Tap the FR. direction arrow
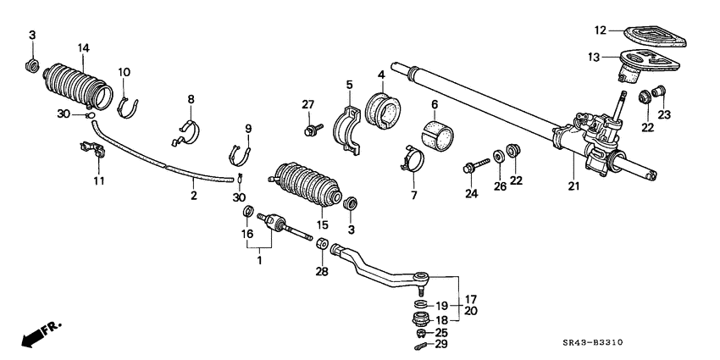pyautogui.click(x=37, y=333)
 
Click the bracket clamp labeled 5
pyautogui.click(x=351, y=127)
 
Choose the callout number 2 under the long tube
pyautogui.click(x=193, y=196)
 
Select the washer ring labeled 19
pyautogui.click(x=420, y=304)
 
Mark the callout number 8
pyautogui.click(x=191, y=99)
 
